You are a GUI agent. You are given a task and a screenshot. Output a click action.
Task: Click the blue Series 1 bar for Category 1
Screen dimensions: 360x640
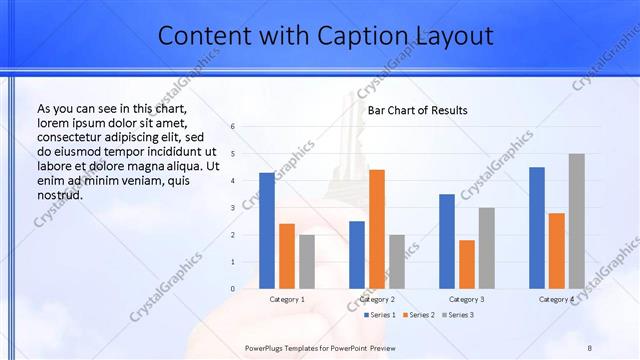coord(267,231)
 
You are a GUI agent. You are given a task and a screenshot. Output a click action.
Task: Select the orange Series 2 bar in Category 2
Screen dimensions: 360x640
coord(377,229)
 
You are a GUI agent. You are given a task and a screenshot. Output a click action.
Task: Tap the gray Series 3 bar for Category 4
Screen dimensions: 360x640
coord(576,221)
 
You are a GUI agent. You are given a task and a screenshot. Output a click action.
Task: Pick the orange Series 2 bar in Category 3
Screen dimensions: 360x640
coord(467,264)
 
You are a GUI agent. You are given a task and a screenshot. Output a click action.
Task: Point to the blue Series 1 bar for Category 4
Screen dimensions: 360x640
coord(537,228)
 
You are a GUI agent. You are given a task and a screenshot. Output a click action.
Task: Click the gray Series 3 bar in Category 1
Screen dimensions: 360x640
coord(307,262)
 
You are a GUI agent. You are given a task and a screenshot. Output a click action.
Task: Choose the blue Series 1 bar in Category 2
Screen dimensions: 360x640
coord(357,255)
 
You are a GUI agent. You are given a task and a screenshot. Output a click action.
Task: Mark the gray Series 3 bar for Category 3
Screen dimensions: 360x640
coord(487,248)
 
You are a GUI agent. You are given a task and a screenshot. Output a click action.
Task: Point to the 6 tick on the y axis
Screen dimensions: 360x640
coord(232,127)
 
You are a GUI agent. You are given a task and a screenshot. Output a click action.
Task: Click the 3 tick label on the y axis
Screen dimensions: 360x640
coord(232,208)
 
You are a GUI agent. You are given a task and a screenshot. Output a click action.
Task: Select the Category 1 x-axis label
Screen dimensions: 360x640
coord(287,299)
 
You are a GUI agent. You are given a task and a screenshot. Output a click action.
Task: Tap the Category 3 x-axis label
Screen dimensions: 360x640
coord(467,299)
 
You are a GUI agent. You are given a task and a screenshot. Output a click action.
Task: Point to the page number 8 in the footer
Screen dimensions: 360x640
coord(590,344)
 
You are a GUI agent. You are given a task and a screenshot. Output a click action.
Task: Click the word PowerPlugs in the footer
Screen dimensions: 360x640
coord(267,344)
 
